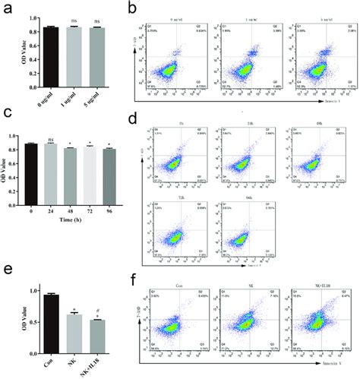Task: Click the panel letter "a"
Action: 7,10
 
